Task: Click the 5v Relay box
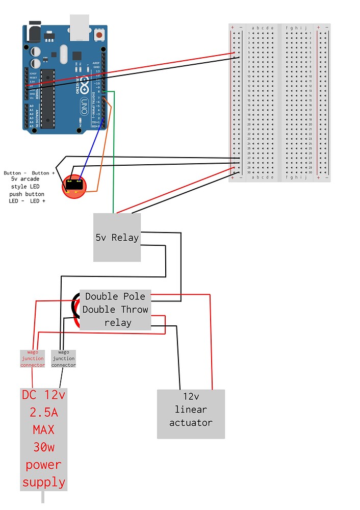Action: tap(117, 238)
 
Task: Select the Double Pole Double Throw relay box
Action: tap(115, 310)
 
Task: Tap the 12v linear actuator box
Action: tap(191, 414)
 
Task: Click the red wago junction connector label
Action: tap(33, 359)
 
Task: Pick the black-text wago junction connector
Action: tap(63, 359)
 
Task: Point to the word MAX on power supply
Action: tap(43, 429)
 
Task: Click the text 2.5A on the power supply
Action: tap(43, 412)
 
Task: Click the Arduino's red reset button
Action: tap(99, 35)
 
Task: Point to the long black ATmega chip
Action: tap(48, 97)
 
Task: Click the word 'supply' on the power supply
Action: tap(43, 482)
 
